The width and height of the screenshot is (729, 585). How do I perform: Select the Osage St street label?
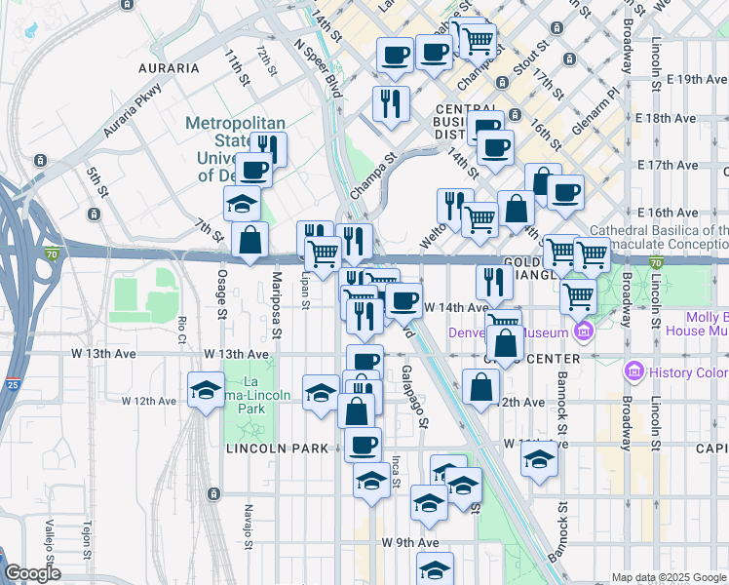click(x=222, y=293)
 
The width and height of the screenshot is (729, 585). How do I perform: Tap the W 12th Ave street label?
click(x=149, y=401)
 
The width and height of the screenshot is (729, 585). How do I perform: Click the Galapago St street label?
click(x=414, y=397)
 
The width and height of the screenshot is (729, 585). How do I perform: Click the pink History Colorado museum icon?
click(x=635, y=371)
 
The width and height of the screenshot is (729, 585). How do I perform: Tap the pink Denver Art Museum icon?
click(x=584, y=332)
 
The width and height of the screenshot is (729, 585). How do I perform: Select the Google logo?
click(x=32, y=573)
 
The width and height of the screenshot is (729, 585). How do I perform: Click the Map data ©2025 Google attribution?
click(x=669, y=577)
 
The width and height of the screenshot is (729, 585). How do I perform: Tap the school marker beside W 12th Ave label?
click(x=206, y=390)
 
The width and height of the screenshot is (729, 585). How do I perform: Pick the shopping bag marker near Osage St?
click(x=250, y=240)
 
